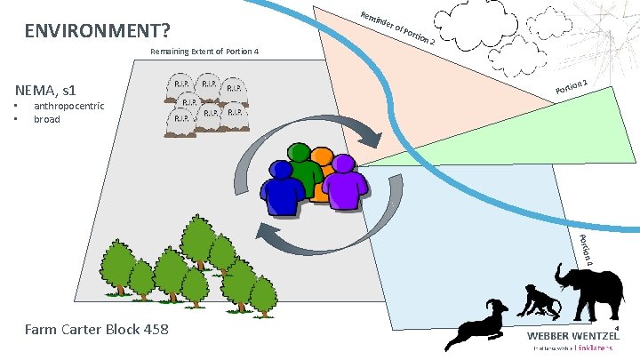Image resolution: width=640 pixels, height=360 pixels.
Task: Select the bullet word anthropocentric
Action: pyautogui.click(x=68, y=107)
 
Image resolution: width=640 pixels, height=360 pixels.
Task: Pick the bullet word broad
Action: pyautogui.click(x=47, y=119)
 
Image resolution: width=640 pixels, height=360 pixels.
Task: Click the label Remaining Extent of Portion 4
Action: pyautogui.click(x=204, y=52)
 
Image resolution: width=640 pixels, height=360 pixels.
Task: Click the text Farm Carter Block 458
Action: pyautogui.click(x=96, y=331)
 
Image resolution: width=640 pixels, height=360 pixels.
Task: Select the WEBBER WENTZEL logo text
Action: pyautogui.click(x=574, y=336)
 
